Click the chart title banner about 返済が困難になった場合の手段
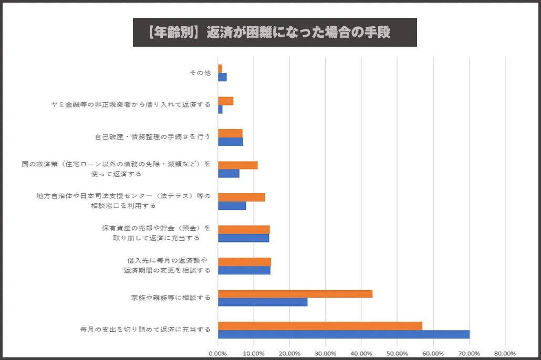coord(275,33)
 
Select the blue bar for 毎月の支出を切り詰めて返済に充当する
coord(344,334)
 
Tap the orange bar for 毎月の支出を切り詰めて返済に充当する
coord(320,326)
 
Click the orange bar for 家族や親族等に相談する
coord(295,294)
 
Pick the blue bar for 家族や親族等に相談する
coord(263,302)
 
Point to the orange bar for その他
coord(220,69)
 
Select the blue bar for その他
coord(222,77)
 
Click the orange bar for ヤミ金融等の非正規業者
coord(226,101)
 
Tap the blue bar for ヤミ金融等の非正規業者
coord(220,109)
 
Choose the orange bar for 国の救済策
coord(238,165)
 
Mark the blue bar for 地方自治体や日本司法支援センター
coord(232,206)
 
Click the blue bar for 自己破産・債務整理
coord(231,142)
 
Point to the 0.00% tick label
coord(217,353)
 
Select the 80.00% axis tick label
coord(505,353)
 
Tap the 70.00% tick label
coord(469,353)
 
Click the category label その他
coord(200,73)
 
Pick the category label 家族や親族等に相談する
coord(171,298)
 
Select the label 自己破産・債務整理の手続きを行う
coord(153,137)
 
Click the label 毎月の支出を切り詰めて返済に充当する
coord(145,330)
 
